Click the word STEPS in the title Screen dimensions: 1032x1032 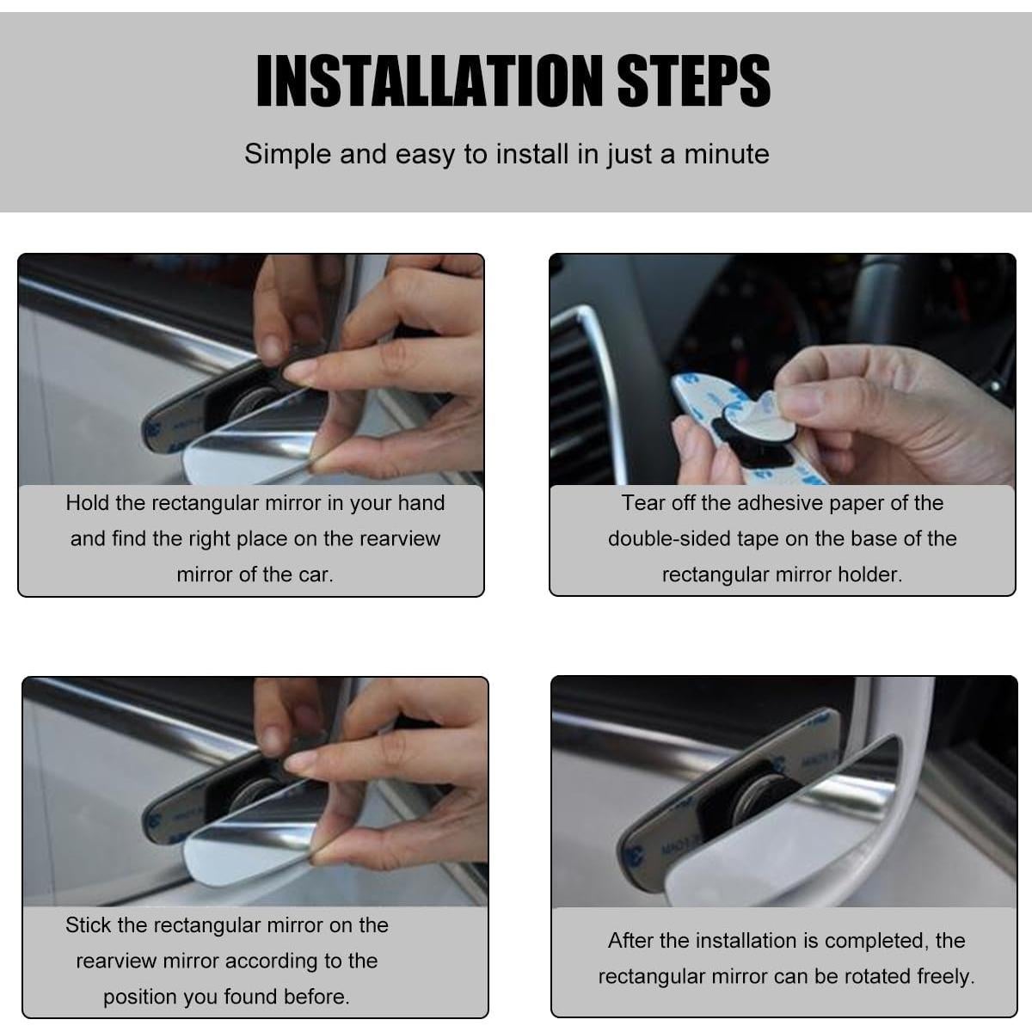click(x=694, y=80)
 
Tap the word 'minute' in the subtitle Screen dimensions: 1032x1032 click(x=727, y=154)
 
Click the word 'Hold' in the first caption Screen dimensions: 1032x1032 click(x=88, y=503)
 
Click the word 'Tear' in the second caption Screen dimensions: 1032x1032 click(x=642, y=503)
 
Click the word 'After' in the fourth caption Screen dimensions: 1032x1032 click(x=630, y=941)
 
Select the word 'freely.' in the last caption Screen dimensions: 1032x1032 click(x=946, y=976)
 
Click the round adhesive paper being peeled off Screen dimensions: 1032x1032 click(x=759, y=415)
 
